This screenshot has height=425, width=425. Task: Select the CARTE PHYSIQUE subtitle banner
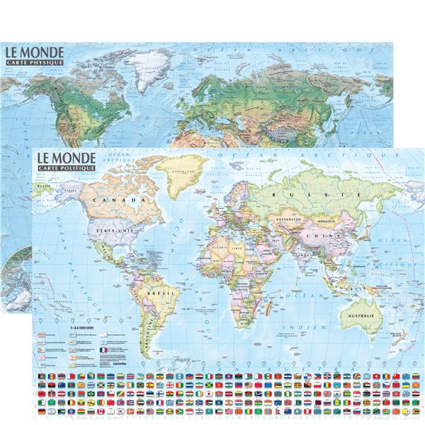[34, 63]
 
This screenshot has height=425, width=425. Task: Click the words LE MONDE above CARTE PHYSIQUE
[34, 52]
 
